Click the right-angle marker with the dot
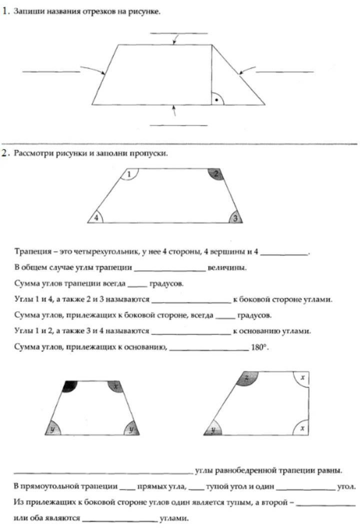(x=216, y=99)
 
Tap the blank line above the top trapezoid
(x=178, y=33)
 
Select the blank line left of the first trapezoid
(x=50, y=72)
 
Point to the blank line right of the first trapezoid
(x=284, y=72)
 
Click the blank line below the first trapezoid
(x=178, y=124)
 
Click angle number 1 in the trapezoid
(x=129, y=174)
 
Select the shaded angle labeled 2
(x=215, y=174)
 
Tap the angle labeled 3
(x=236, y=217)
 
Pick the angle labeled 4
(x=96, y=217)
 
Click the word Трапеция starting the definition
(x=31, y=253)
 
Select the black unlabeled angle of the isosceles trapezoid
(x=70, y=385)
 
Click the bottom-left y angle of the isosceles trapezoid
(x=52, y=429)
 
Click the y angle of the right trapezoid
(x=214, y=429)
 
